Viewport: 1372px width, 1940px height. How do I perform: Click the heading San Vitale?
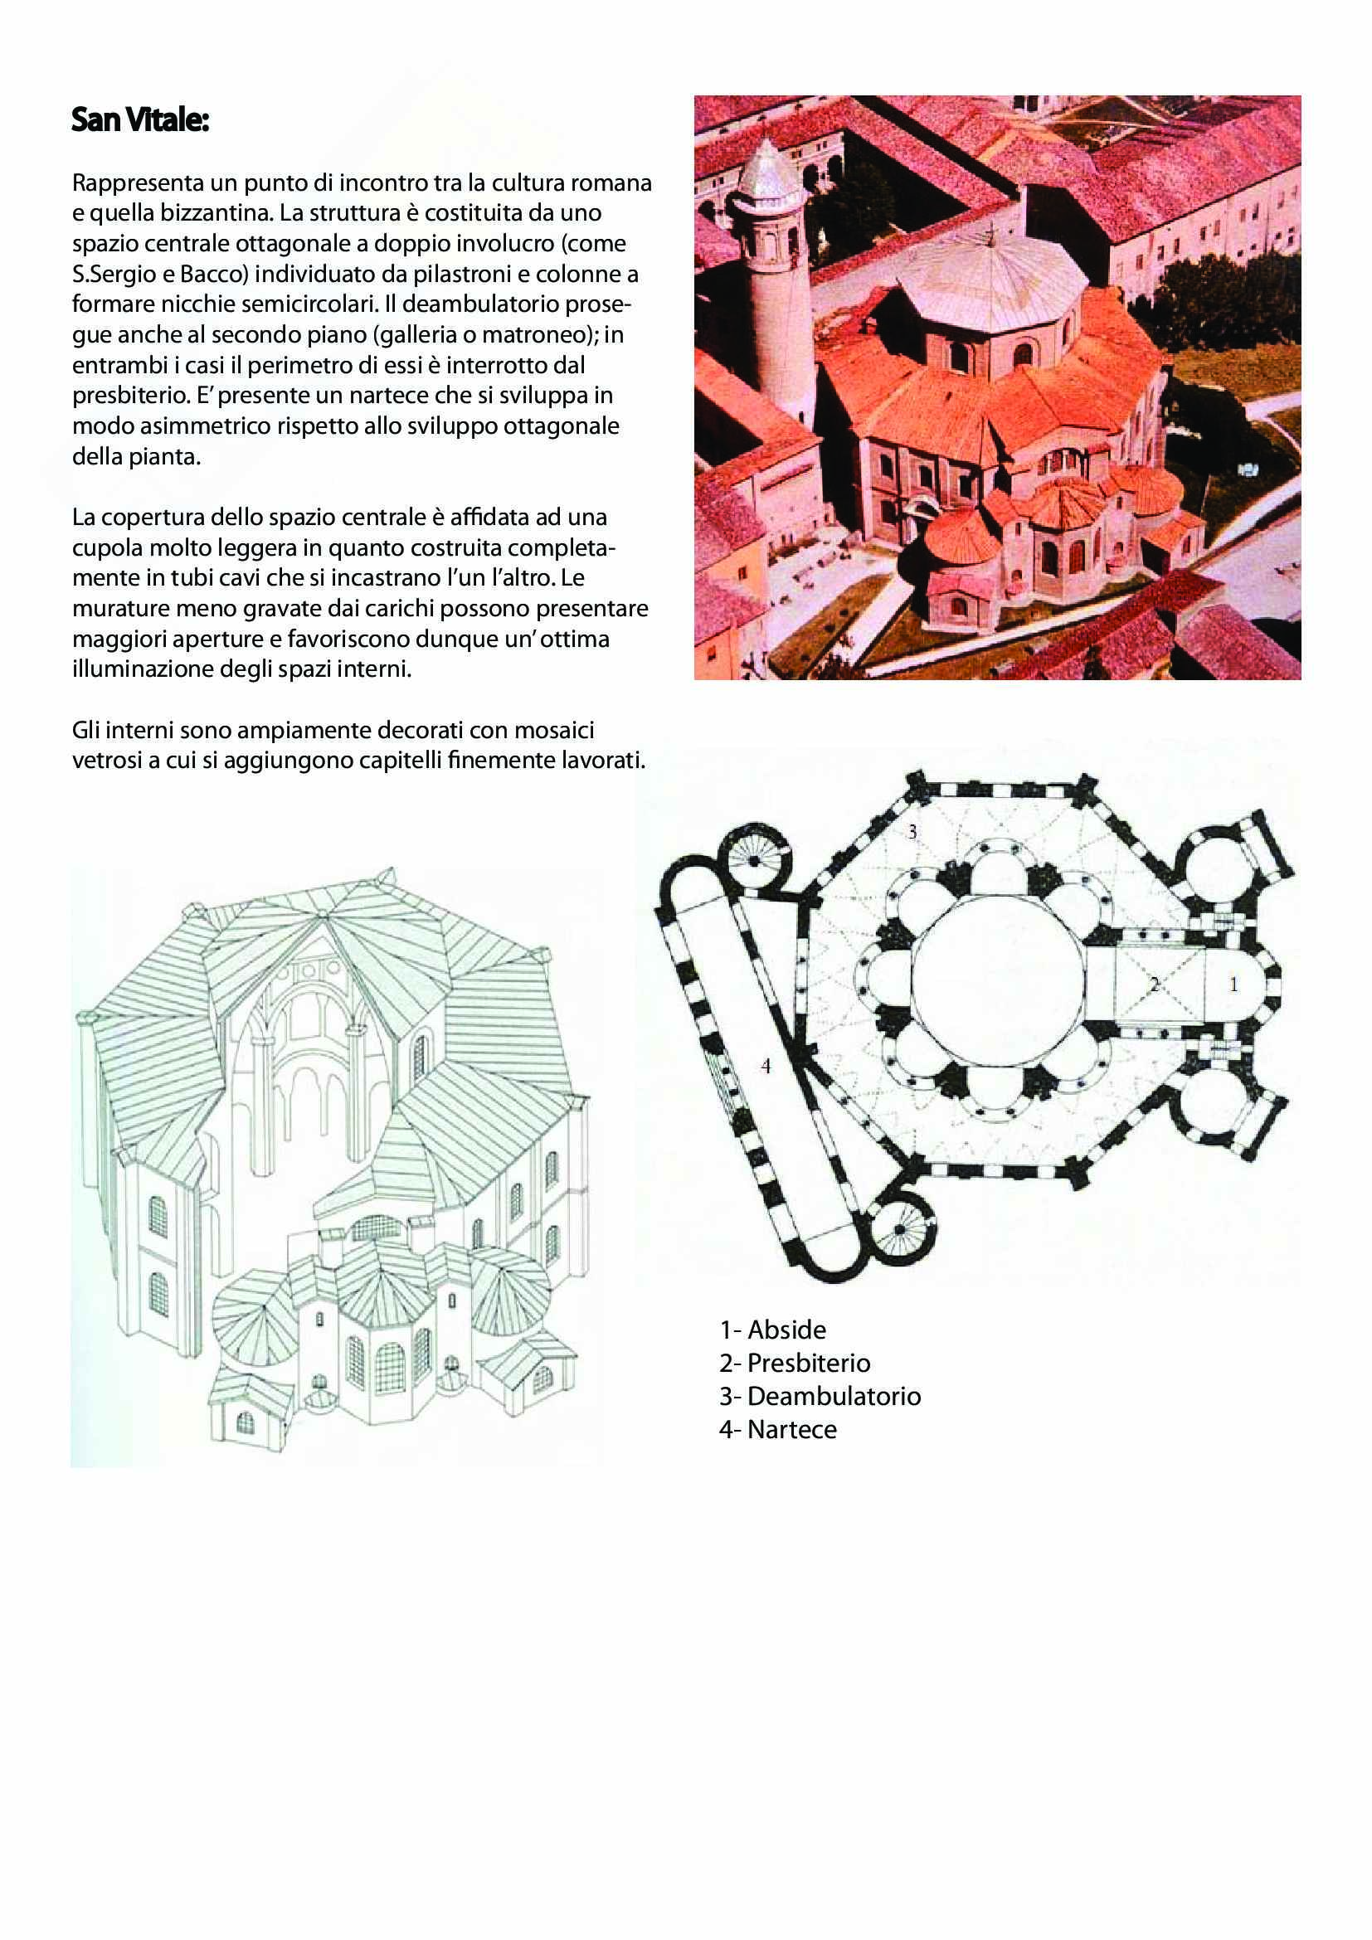pyautogui.click(x=140, y=120)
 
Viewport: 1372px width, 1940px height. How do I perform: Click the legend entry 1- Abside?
pyautogui.click(x=772, y=1329)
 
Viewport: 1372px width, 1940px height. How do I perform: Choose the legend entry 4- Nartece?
pyautogui.click(x=777, y=1429)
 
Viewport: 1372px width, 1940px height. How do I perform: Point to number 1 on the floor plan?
pyautogui.click(x=1233, y=985)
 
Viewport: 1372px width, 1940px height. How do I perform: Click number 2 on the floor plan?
pyautogui.click(x=1154, y=985)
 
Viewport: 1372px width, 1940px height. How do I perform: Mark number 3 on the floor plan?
pyautogui.click(x=912, y=831)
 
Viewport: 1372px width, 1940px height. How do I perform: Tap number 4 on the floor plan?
pyautogui.click(x=766, y=1067)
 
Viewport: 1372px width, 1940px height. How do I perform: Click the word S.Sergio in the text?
pyautogui.click(x=109, y=275)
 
